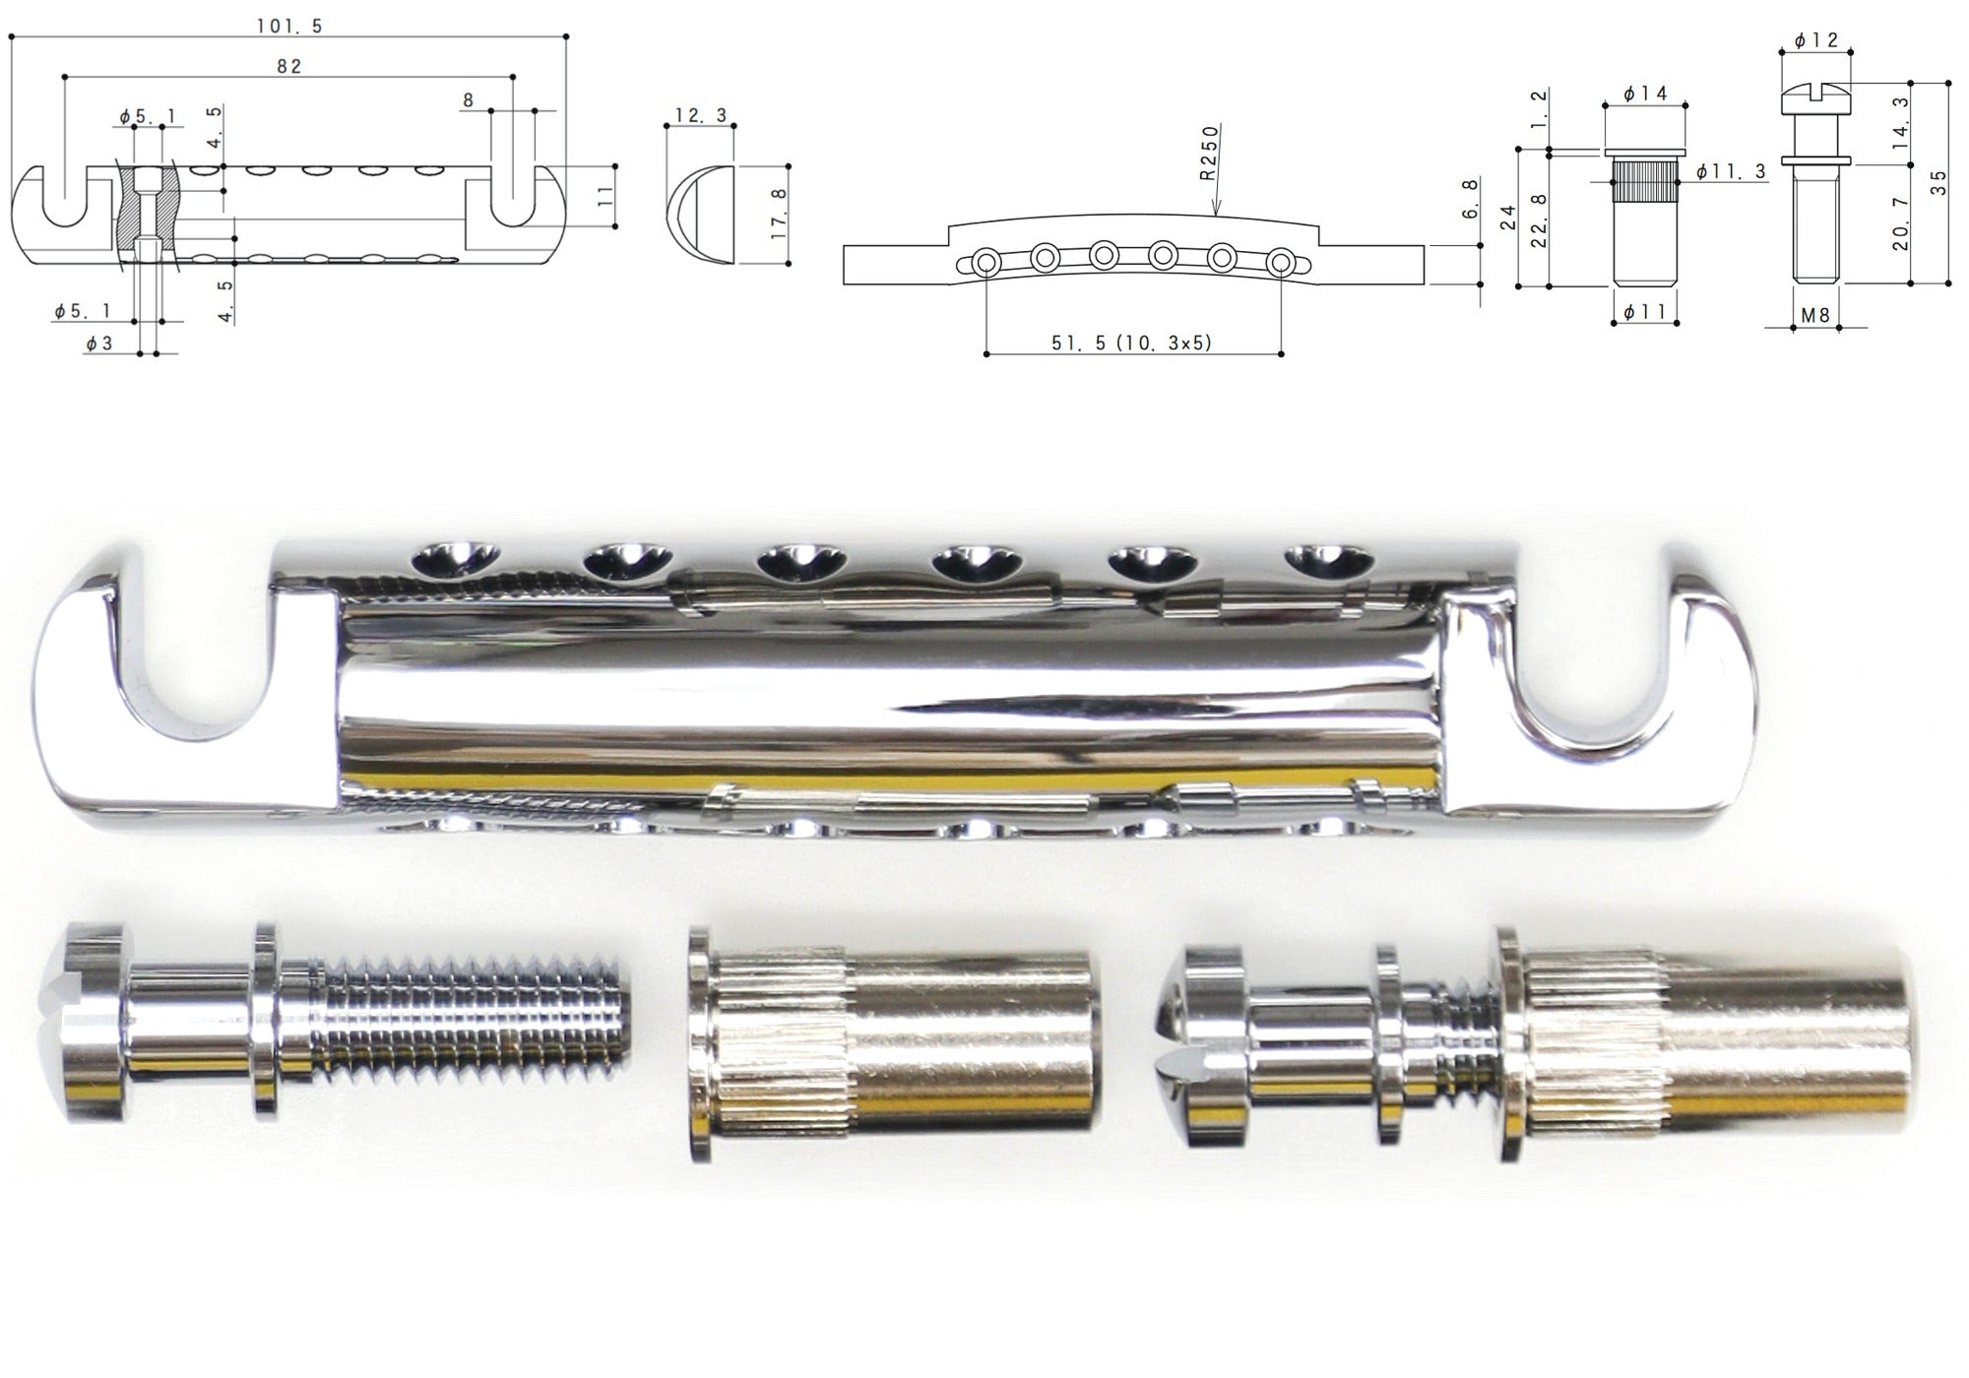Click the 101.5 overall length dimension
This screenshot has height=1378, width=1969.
[x=289, y=27]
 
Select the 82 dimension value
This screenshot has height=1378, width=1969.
[x=288, y=66]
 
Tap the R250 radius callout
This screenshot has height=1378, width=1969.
[x=1209, y=153]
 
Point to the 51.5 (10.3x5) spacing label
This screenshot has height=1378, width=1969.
[x=1132, y=343]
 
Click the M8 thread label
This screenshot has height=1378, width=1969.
[x=1815, y=315]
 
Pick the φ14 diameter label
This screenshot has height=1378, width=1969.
[x=1644, y=94]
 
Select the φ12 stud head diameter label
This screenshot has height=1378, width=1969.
[x=1815, y=40]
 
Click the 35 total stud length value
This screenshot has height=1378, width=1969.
[x=1937, y=183]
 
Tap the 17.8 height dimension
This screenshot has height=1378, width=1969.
[x=778, y=215]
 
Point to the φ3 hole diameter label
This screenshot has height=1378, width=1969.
[x=99, y=344]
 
